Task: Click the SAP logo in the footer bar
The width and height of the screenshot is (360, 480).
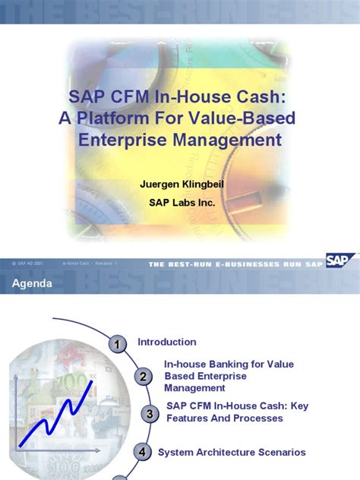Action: [339, 261]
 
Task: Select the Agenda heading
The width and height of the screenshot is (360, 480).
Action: [32, 284]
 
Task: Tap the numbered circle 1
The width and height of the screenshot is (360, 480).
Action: [118, 346]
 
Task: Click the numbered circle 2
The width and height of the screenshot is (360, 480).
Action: [143, 377]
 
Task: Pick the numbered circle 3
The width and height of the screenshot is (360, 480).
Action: [150, 414]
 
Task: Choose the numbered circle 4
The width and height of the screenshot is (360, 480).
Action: [142, 453]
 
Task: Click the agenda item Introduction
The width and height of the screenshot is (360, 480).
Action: [166, 342]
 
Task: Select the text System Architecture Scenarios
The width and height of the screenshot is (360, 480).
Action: [232, 452]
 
